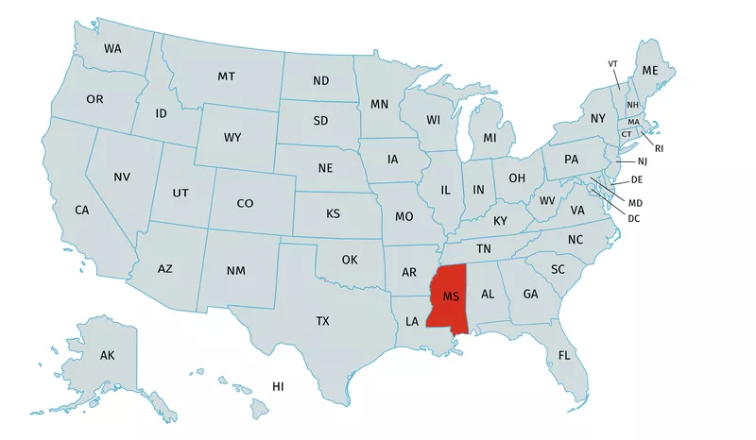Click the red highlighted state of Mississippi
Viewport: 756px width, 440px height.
coord(451,296)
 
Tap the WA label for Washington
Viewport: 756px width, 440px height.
coord(112,47)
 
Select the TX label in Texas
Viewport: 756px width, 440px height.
coord(322,321)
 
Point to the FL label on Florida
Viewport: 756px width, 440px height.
coord(564,355)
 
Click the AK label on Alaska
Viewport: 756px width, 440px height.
coord(107,355)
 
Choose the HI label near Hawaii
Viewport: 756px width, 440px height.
coord(278,386)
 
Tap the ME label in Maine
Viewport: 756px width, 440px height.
coord(650,71)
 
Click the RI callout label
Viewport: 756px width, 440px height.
coord(660,148)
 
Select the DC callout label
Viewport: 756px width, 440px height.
coord(634,218)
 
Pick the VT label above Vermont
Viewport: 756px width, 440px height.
coord(612,63)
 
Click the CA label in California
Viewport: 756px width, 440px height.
coord(82,209)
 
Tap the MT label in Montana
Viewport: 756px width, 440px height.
coord(227,76)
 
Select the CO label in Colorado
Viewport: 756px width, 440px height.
coord(245,203)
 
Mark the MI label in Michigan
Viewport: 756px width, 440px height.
coord(490,138)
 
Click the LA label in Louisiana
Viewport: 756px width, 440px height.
coord(412,321)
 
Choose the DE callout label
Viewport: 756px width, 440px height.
coord(637,178)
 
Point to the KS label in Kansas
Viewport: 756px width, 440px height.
coord(333,213)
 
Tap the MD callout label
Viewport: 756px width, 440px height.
coord(635,202)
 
